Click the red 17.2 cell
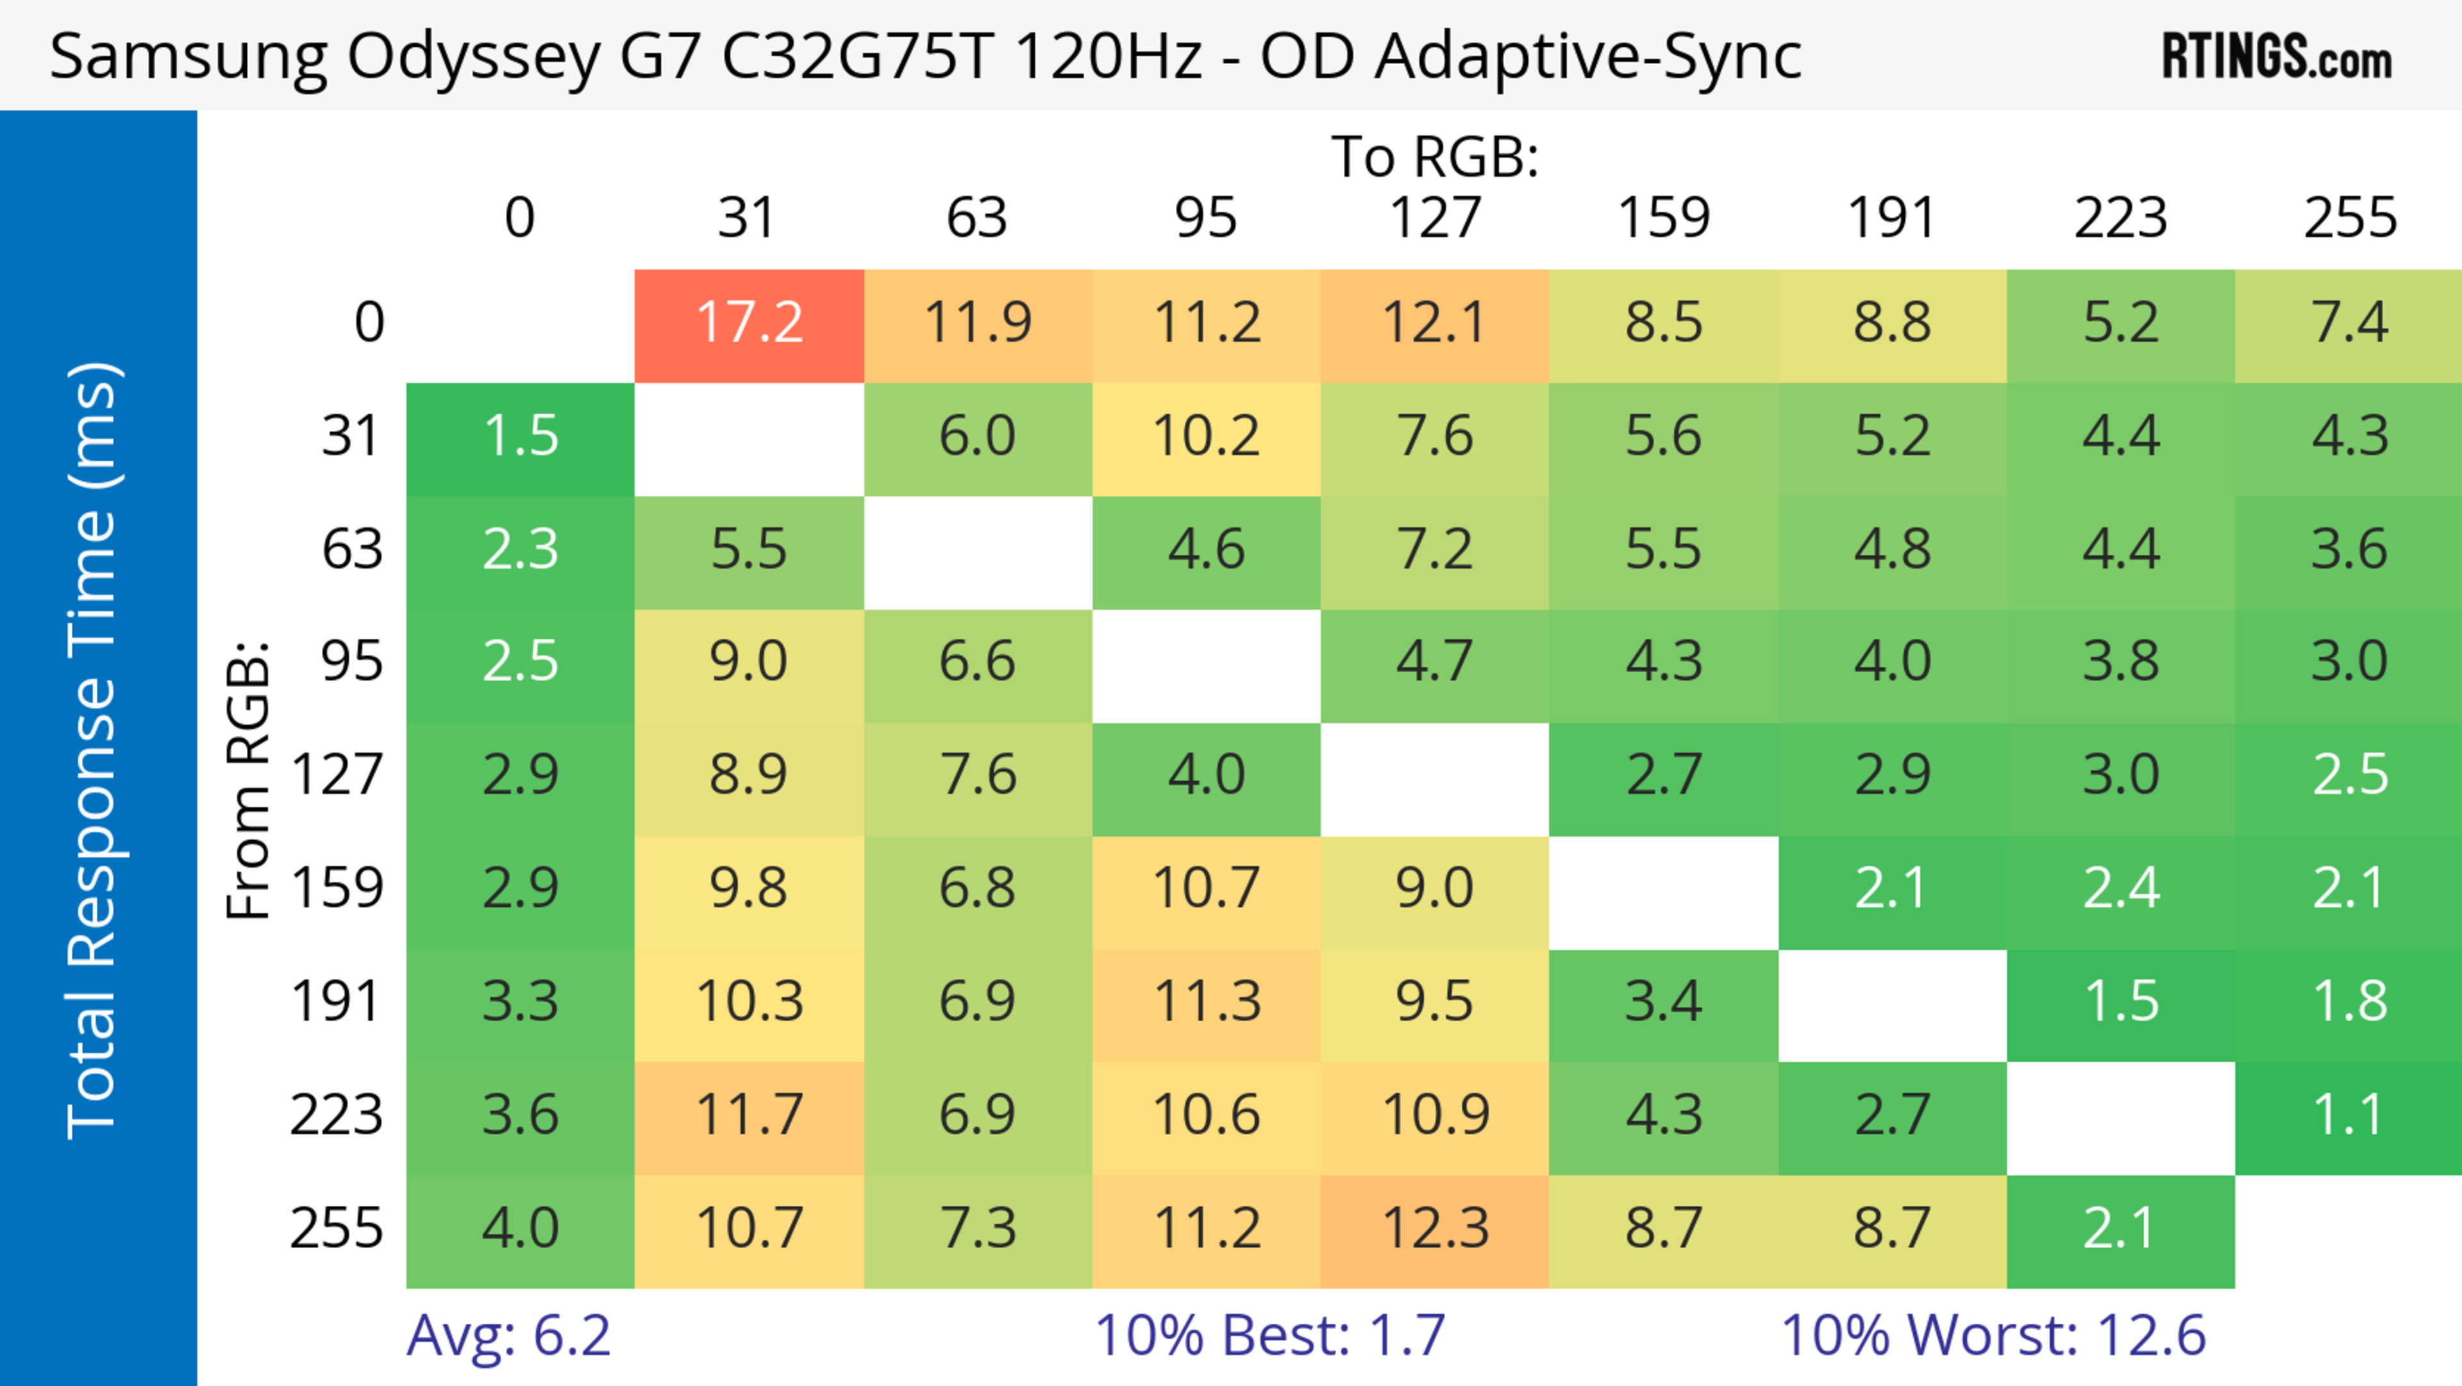pyautogui.click(x=749, y=323)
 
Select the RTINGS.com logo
pyautogui.click(x=2277, y=56)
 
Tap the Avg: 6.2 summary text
pyautogui.click(x=508, y=1335)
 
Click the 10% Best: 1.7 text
pyautogui.click(x=1269, y=1335)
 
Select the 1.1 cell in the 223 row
pyautogui.click(x=2349, y=1115)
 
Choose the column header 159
pyautogui.click(x=1663, y=218)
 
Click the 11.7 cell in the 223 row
pyautogui.click(x=749, y=1115)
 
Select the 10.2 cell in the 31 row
pyautogui.click(x=1206, y=437)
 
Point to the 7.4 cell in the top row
pyautogui.click(x=2349, y=323)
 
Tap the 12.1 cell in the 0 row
pyautogui.click(x=1436, y=323)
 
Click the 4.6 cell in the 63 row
pyautogui.click(x=1206, y=550)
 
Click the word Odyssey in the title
pyautogui.click(x=473, y=57)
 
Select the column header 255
pyautogui.click(x=2349, y=218)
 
